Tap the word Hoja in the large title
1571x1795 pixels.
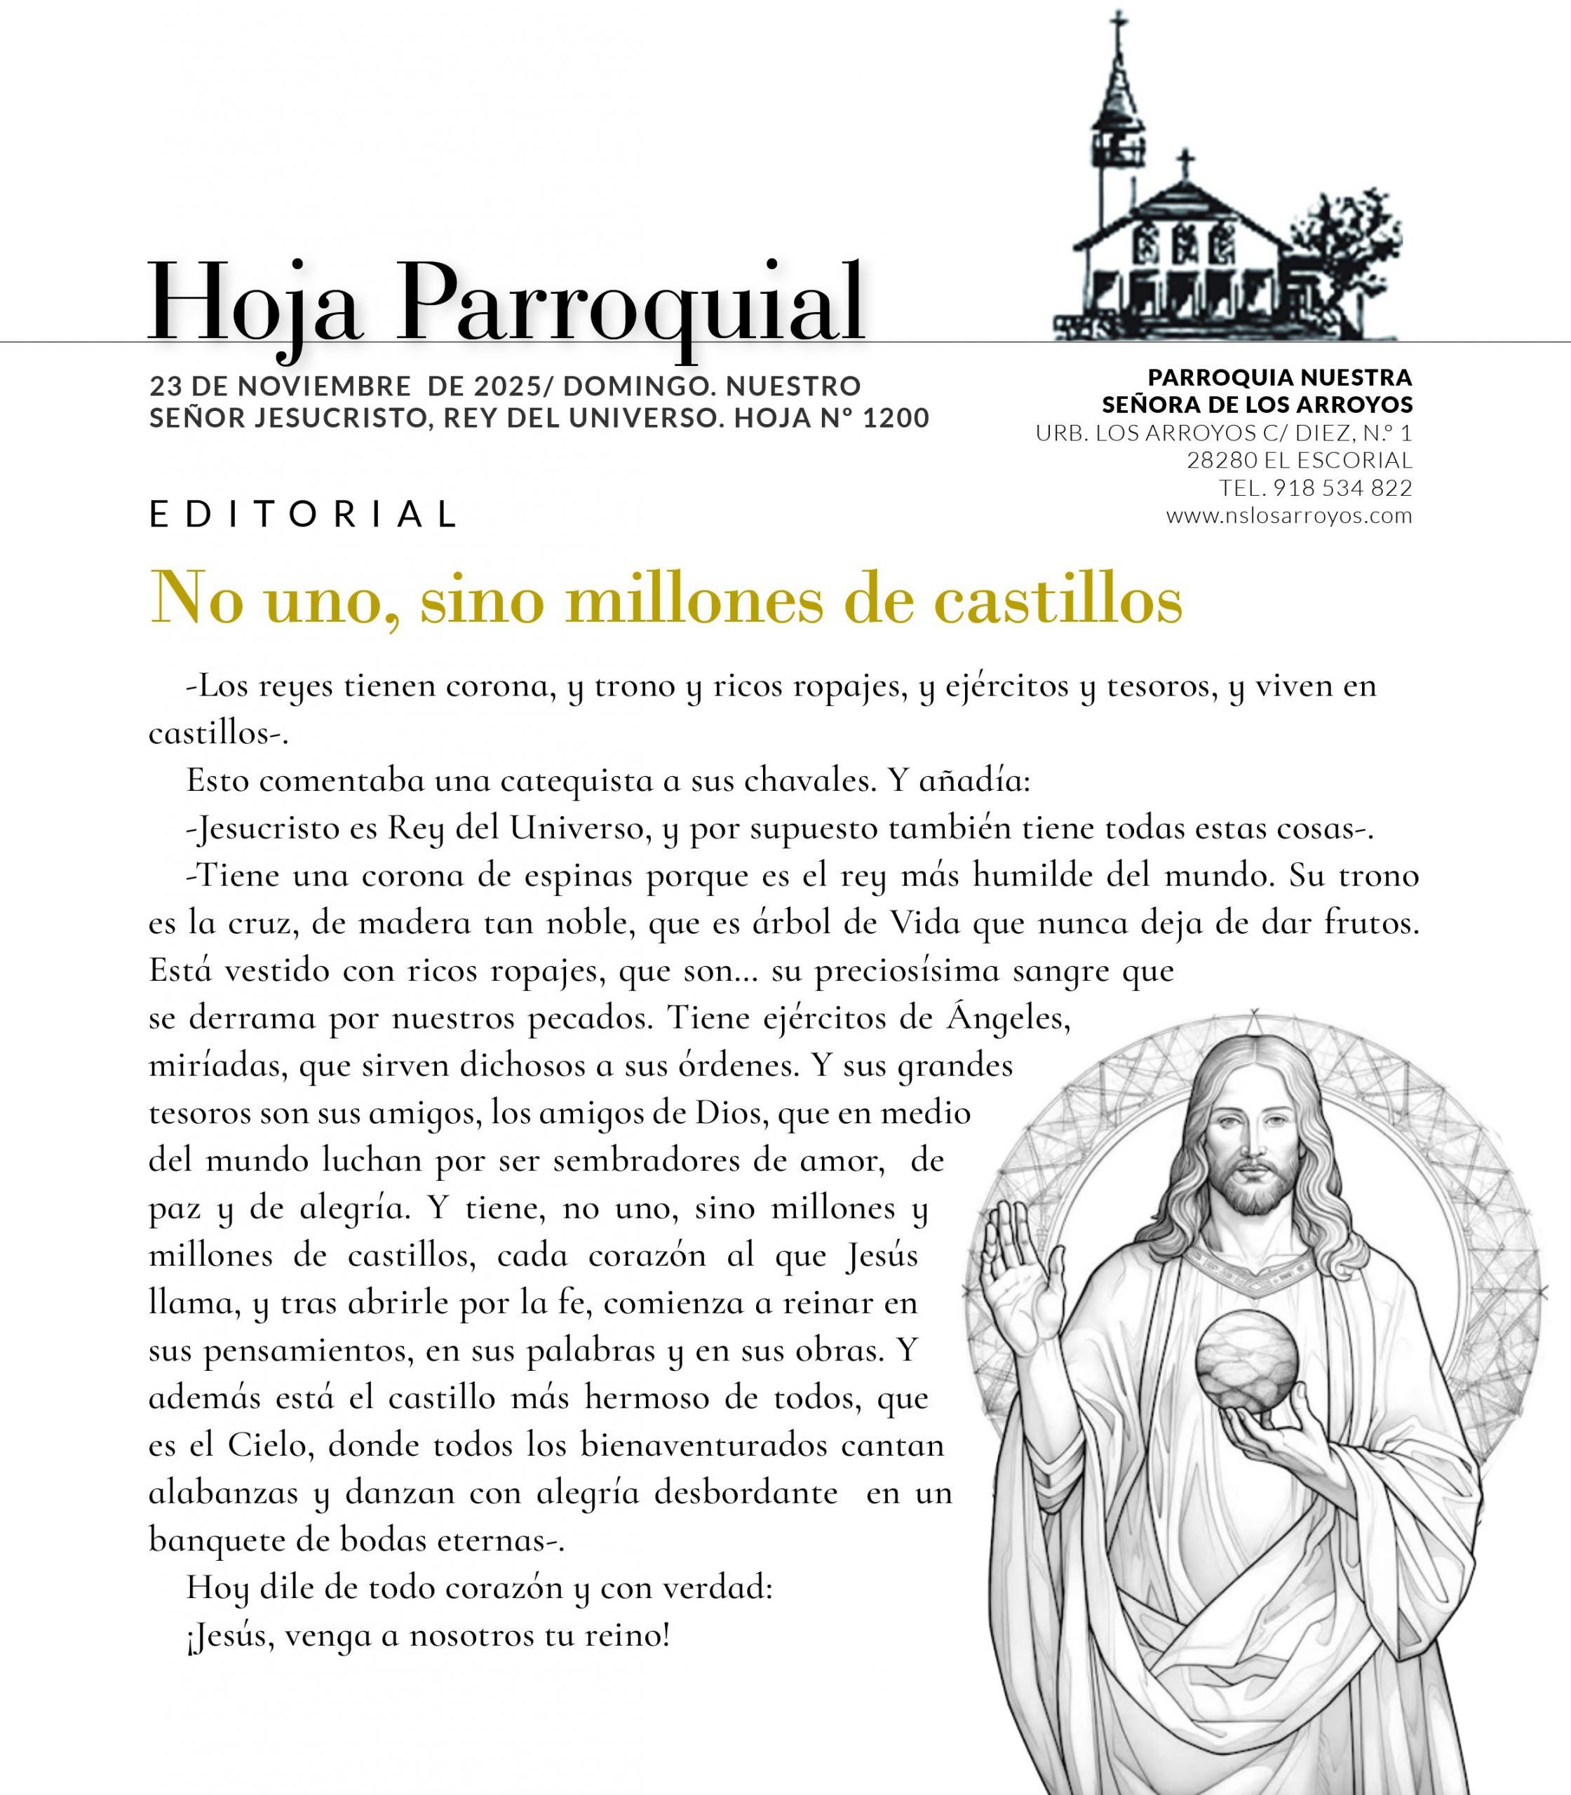pos(254,303)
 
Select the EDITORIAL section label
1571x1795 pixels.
pos(303,515)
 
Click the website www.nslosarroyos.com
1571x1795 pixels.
pos(1289,515)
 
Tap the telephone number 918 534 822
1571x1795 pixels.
pos(1342,487)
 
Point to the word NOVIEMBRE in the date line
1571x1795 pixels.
pos(323,386)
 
